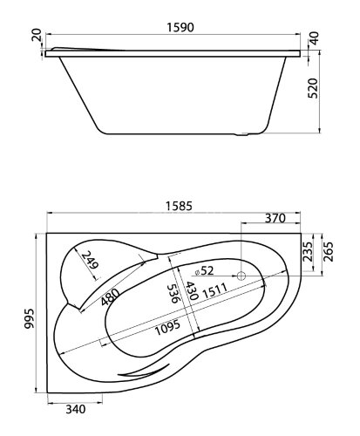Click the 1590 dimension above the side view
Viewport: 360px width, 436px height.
pyautogui.click(x=180, y=27)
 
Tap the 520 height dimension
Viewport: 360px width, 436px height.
pyautogui.click(x=313, y=88)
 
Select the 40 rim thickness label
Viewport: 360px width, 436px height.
pyautogui.click(x=315, y=38)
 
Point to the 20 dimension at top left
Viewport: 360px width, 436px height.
pyautogui.click(x=37, y=35)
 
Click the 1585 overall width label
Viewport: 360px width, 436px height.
pyautogui.click(x=179, y=206)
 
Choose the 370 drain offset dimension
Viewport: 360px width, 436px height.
pyautogui.click(x=275, y=218)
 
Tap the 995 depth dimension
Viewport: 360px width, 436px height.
pyautogui.click(x=29, y=318)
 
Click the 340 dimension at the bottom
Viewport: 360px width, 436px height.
pyautogui.click(x=76, y=409)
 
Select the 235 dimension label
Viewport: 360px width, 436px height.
pyautogui.click(x=309, y=251)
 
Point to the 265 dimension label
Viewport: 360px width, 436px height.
pyautogui.click(x=329, y=252)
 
